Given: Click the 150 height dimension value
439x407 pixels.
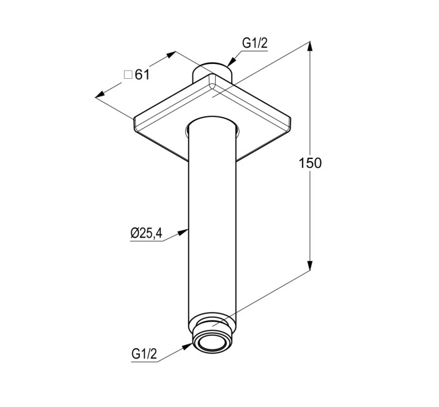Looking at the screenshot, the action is pos(311,163).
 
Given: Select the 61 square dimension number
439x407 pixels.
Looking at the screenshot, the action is pos(142,75).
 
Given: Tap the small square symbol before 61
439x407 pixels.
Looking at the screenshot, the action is pos(128,75).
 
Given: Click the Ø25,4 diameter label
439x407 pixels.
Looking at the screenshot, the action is pos(146,233).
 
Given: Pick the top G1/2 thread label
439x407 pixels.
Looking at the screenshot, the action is pos(255,43).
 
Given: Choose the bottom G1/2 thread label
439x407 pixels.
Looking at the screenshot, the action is pos(144,354).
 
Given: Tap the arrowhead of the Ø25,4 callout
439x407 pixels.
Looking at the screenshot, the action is pos(183,232).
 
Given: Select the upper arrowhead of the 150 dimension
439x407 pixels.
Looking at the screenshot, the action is pos(310,47).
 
